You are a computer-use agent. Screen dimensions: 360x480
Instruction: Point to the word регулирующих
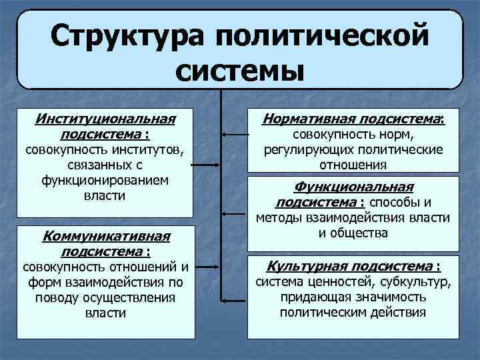[302, 149]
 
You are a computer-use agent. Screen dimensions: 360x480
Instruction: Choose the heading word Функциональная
[354, 187]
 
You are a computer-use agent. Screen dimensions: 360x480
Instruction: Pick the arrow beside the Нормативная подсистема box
[234, 135]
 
